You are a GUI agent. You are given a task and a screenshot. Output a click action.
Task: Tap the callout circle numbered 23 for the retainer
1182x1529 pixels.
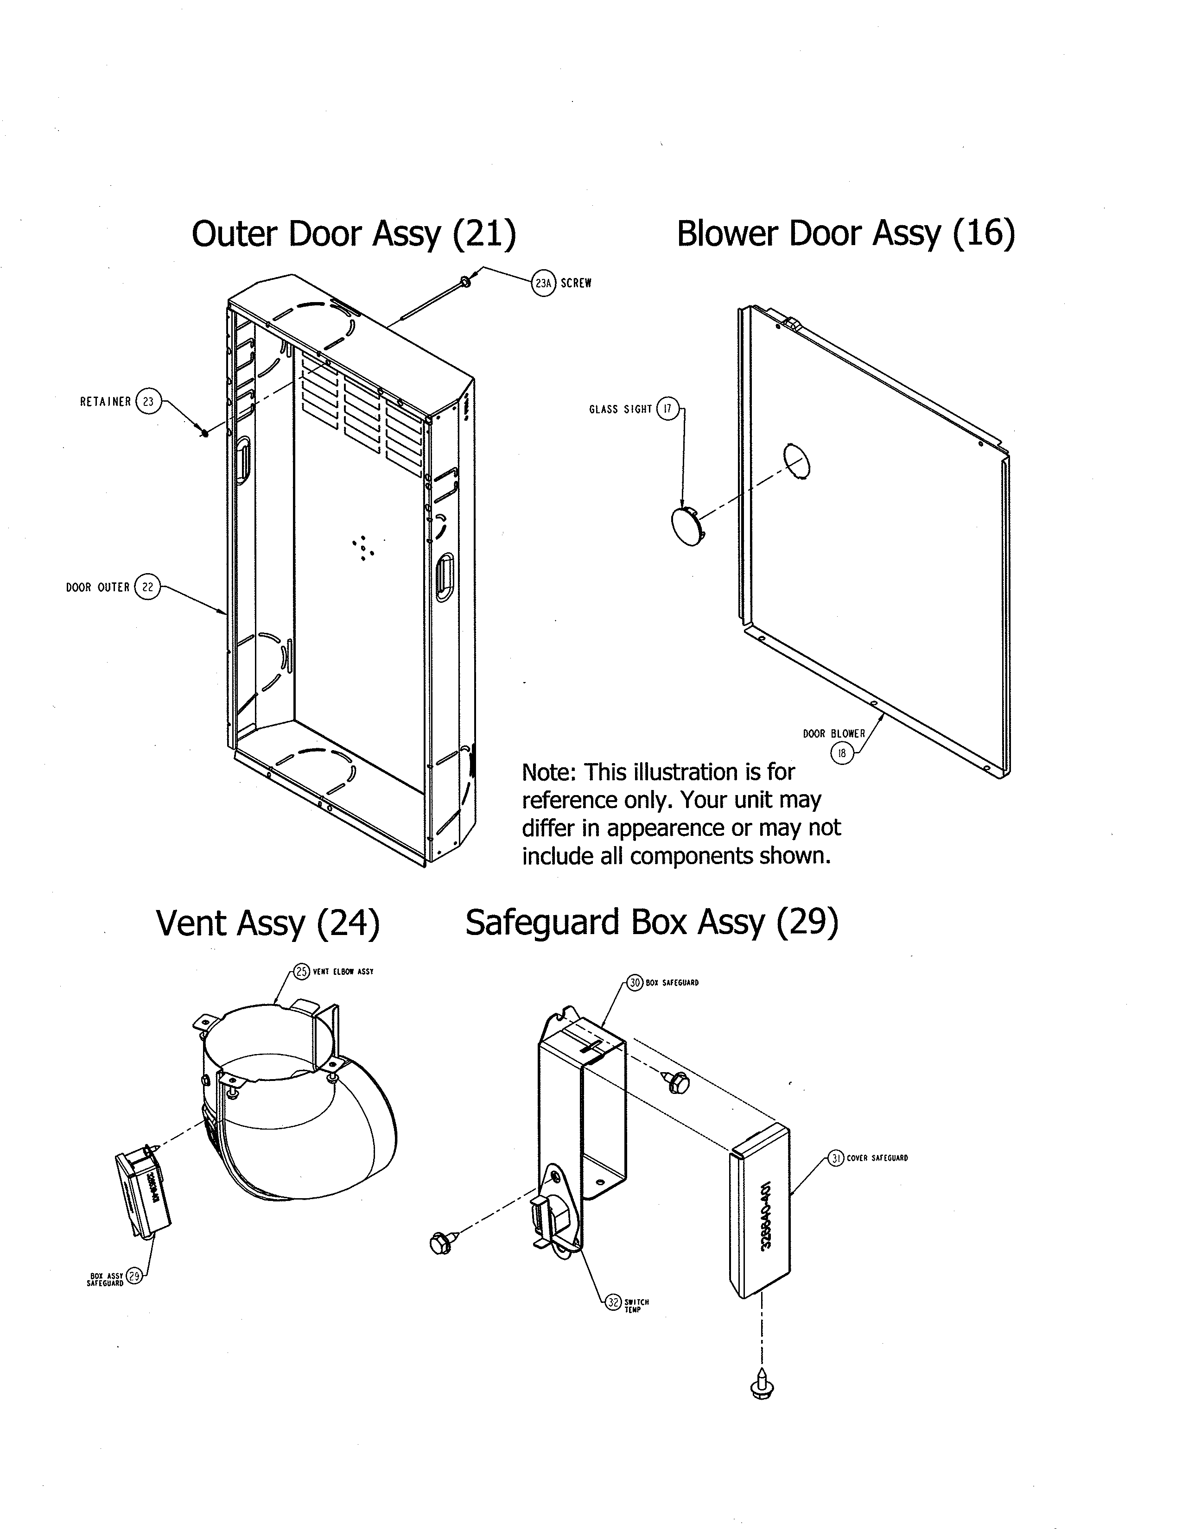click(148, 402)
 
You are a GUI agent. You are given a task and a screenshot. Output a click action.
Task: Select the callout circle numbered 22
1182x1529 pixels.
click(147, 588)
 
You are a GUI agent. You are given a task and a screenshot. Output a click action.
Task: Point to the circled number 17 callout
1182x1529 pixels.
click(667, 409)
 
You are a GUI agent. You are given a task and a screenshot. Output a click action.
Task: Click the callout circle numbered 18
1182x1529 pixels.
click(842, 753)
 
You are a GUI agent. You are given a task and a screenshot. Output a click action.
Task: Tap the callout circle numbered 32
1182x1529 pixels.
click(613, 1302)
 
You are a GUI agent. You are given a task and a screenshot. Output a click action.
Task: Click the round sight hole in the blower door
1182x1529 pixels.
click(796, 461)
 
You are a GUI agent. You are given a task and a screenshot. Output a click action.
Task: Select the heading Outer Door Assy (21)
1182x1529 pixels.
click(354, 234)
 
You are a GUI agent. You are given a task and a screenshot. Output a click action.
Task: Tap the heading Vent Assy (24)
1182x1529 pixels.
click(267, 922)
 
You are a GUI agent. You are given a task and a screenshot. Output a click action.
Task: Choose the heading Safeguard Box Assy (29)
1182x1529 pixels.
click(651, 922)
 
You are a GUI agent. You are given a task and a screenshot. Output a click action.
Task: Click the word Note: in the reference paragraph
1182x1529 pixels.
click(549, 772)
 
